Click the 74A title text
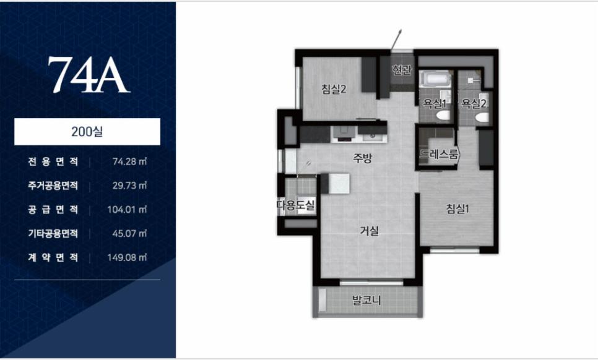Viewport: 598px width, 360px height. [x=89, y=75]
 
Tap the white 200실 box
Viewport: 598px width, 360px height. [x=87, y=132]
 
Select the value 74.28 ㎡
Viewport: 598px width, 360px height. [x=129, y=161]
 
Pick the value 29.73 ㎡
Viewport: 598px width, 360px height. [x=129, y=186]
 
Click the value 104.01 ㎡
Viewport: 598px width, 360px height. [x=127, y=210]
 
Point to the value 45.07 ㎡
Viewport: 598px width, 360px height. [x=129, y=234]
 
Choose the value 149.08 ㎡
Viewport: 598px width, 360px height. [x=127, y=257]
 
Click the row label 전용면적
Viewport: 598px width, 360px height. [x=53, y=161]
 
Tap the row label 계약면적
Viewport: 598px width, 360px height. [x=53, y=257]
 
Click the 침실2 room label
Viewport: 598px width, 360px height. [x=334, y=90]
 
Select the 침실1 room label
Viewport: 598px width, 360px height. [x=457, y=208]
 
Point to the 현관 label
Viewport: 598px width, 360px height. [x=402, y=70]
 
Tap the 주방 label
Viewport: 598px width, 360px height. [x=362, y=158]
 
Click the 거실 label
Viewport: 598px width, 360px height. [x=369, y=231]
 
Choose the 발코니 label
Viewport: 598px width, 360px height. [x=366, y=300]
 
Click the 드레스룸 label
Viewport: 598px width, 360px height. [x=439, y=154]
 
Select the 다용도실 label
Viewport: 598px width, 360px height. [x=296, y=205]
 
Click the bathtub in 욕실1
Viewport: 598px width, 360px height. [x=435, y=80]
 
